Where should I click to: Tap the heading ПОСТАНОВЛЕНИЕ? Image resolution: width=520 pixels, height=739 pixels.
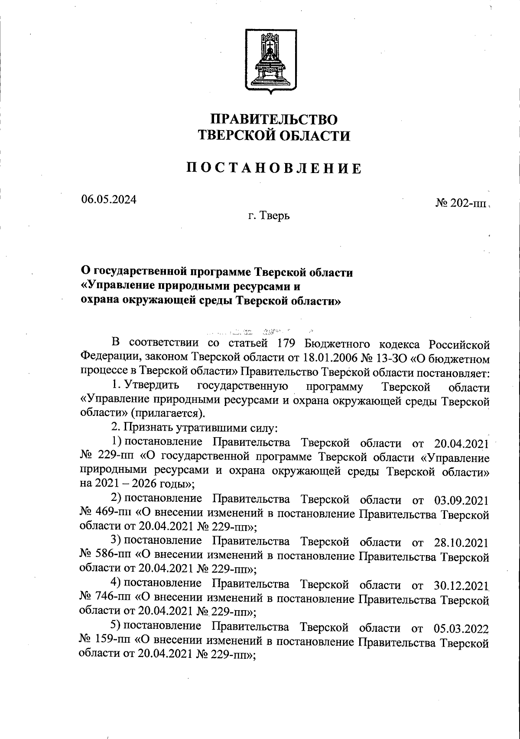click(x=274, y=168)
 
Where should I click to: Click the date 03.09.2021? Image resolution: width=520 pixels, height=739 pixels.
click(x=461, y=500)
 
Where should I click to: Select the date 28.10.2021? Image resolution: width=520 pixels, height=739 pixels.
click(x=461, y=543)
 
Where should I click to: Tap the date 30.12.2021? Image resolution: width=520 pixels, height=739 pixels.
click(x=461, y=585)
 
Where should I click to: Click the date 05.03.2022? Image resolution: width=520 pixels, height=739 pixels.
click(x=461, y=628)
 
